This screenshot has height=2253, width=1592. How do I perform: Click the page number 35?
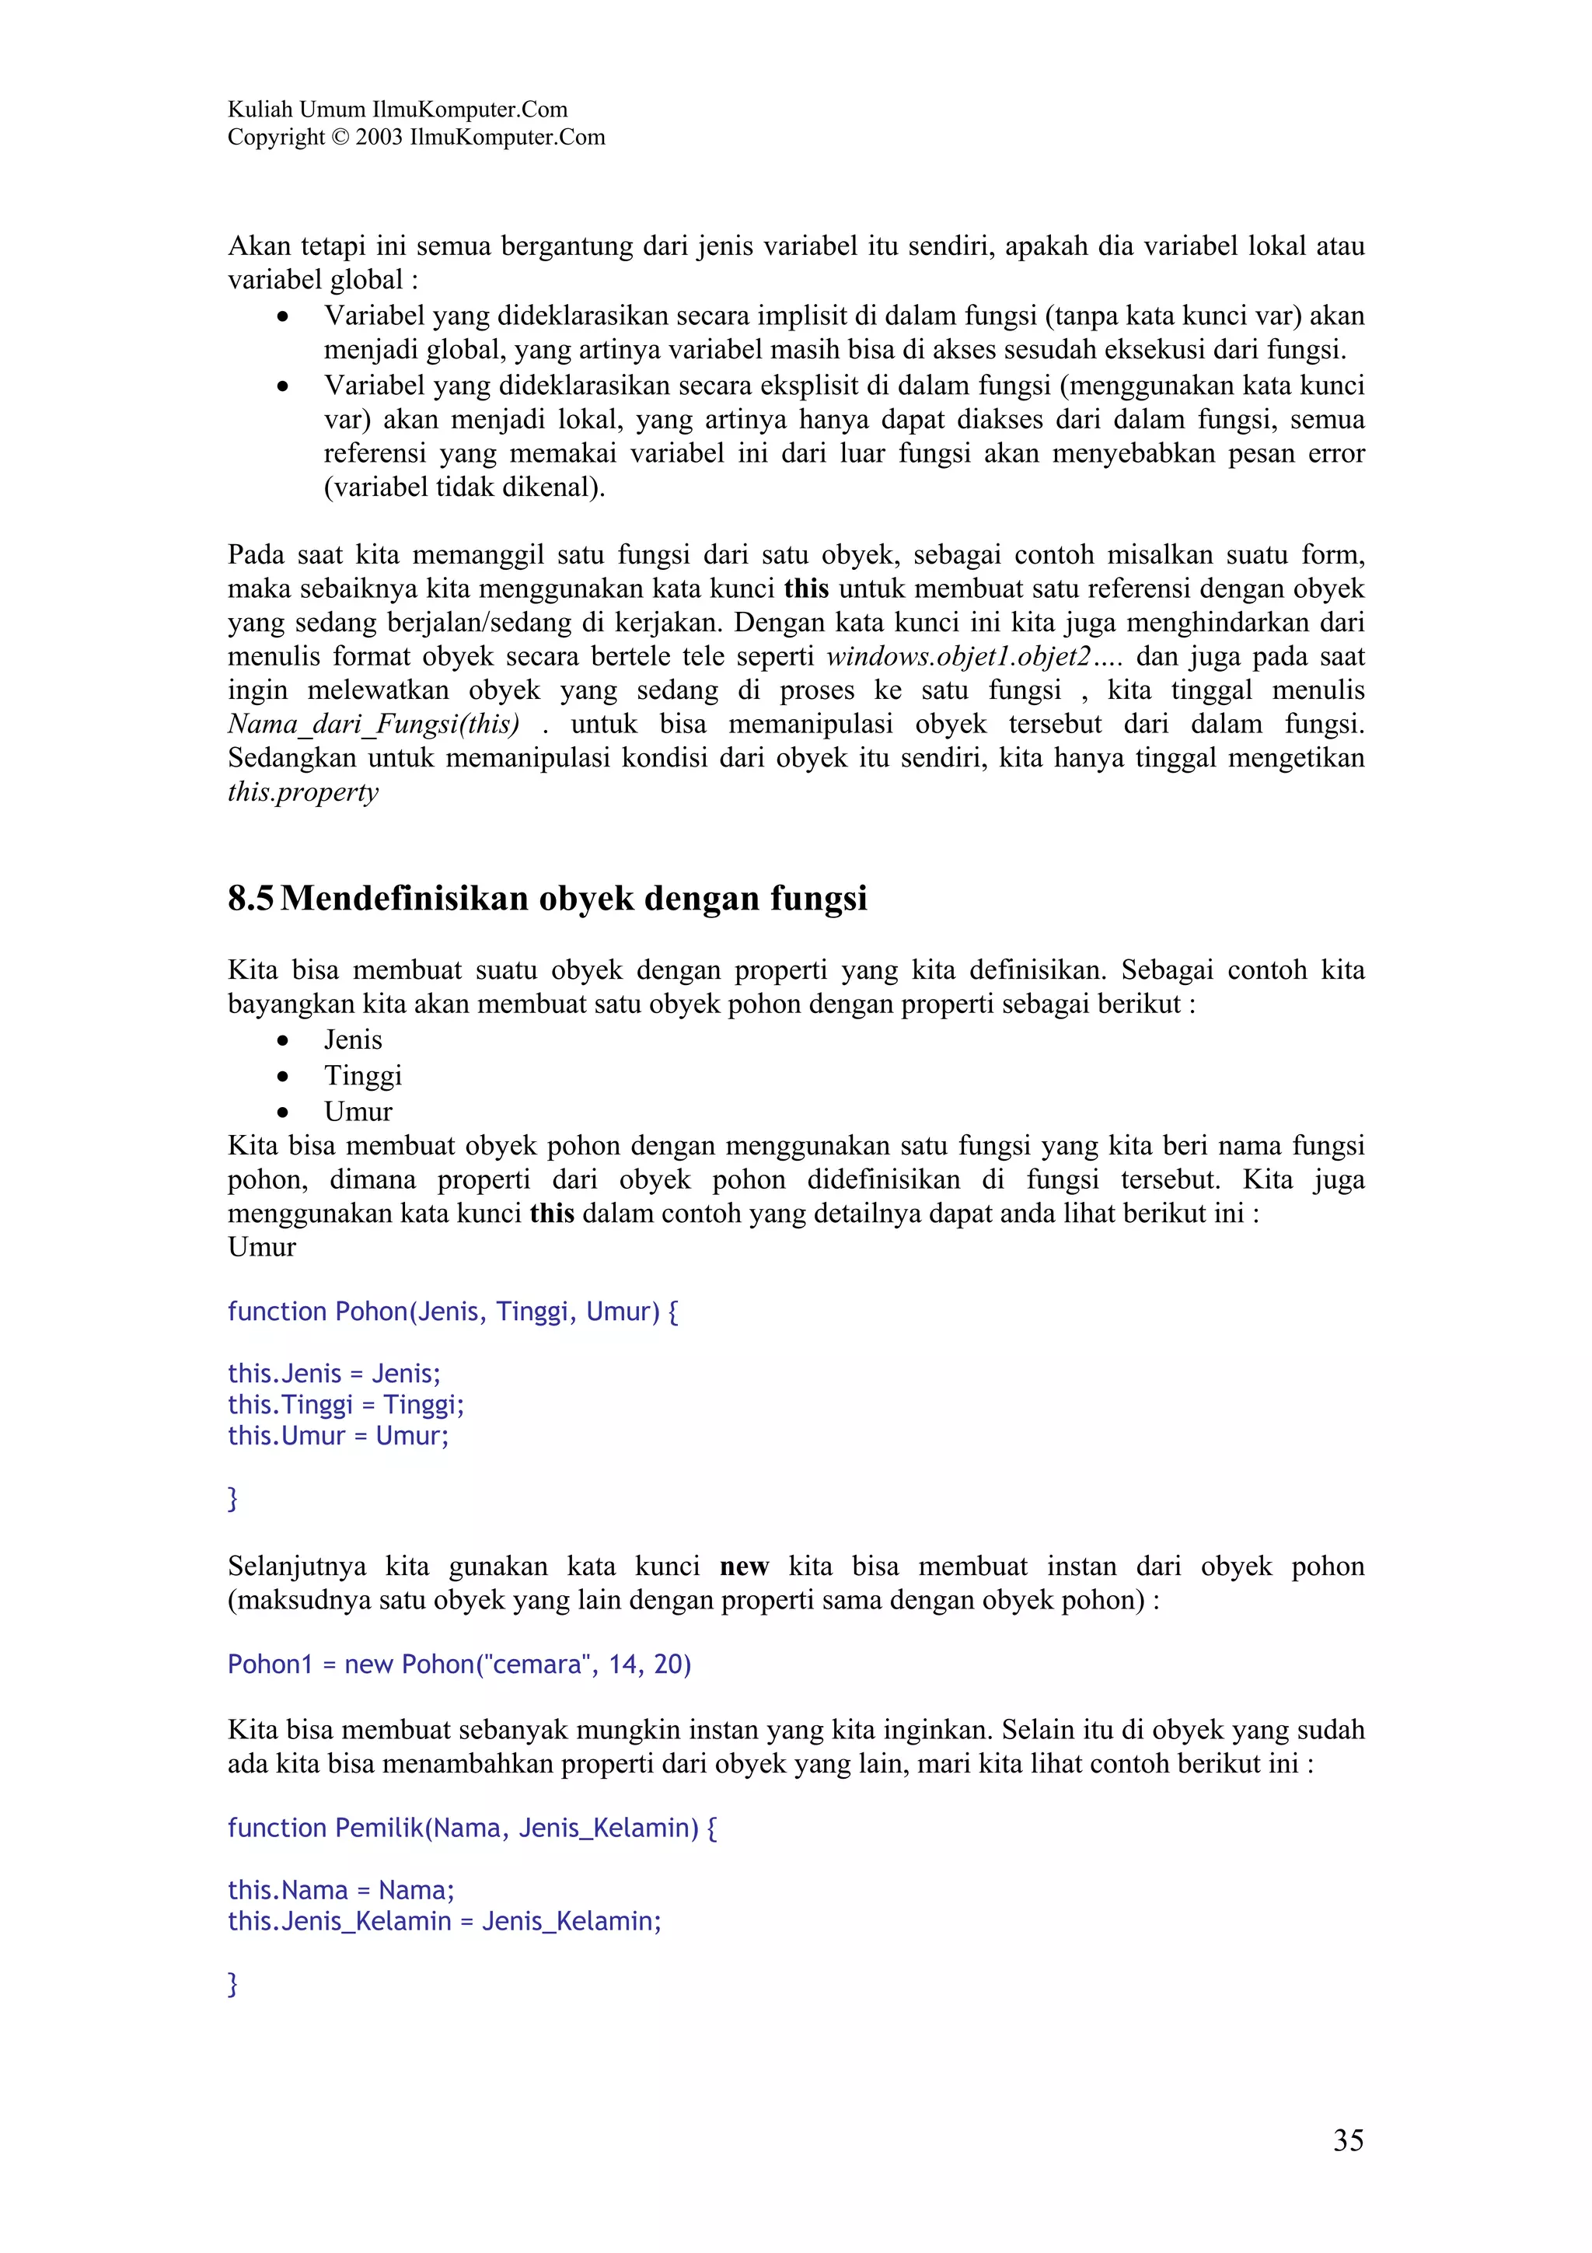(1348, 2140)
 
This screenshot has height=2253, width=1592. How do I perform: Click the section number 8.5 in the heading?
(250, 898)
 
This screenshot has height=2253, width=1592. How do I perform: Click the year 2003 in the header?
(379, 138)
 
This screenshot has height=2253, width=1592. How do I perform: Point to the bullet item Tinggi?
(363, 1075)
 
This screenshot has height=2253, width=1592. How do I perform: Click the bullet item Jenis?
(353, 1039)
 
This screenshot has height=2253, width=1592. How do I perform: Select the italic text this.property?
(302, 792)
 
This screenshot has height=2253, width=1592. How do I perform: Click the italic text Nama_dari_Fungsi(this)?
(374, 725)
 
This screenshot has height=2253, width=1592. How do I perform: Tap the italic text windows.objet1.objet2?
(958, 656)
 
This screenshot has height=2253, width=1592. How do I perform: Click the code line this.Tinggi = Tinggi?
(345, 1404)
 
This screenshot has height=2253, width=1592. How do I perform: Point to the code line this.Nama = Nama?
(340, 1890)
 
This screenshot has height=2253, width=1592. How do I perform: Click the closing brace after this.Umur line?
(232, 1498)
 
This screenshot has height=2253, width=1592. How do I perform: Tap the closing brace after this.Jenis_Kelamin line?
(232, 1984)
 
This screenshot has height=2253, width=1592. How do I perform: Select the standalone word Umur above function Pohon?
(261, 1247)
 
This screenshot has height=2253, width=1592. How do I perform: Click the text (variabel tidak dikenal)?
(464, 487)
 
